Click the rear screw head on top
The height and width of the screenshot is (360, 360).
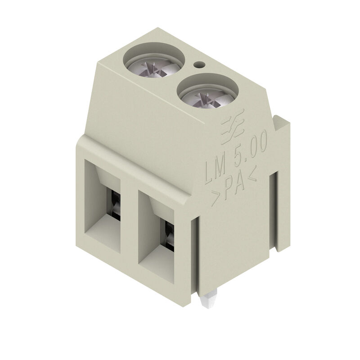pos(154,67)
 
